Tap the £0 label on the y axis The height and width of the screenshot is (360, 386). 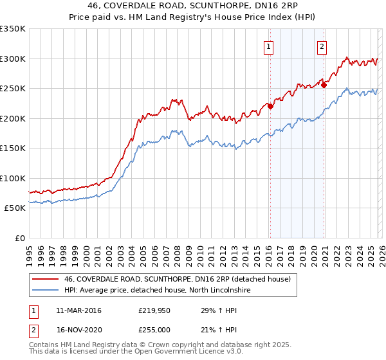(19, 238)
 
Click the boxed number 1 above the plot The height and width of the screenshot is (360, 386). (268, 46)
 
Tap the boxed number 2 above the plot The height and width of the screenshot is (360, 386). (322, 46)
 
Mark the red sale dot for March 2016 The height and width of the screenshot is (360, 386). (270, 107)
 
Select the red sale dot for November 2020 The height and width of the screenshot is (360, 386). (324, 85)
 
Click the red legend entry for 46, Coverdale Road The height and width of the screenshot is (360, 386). (177, 279)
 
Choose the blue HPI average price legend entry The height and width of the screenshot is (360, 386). (157, 291)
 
